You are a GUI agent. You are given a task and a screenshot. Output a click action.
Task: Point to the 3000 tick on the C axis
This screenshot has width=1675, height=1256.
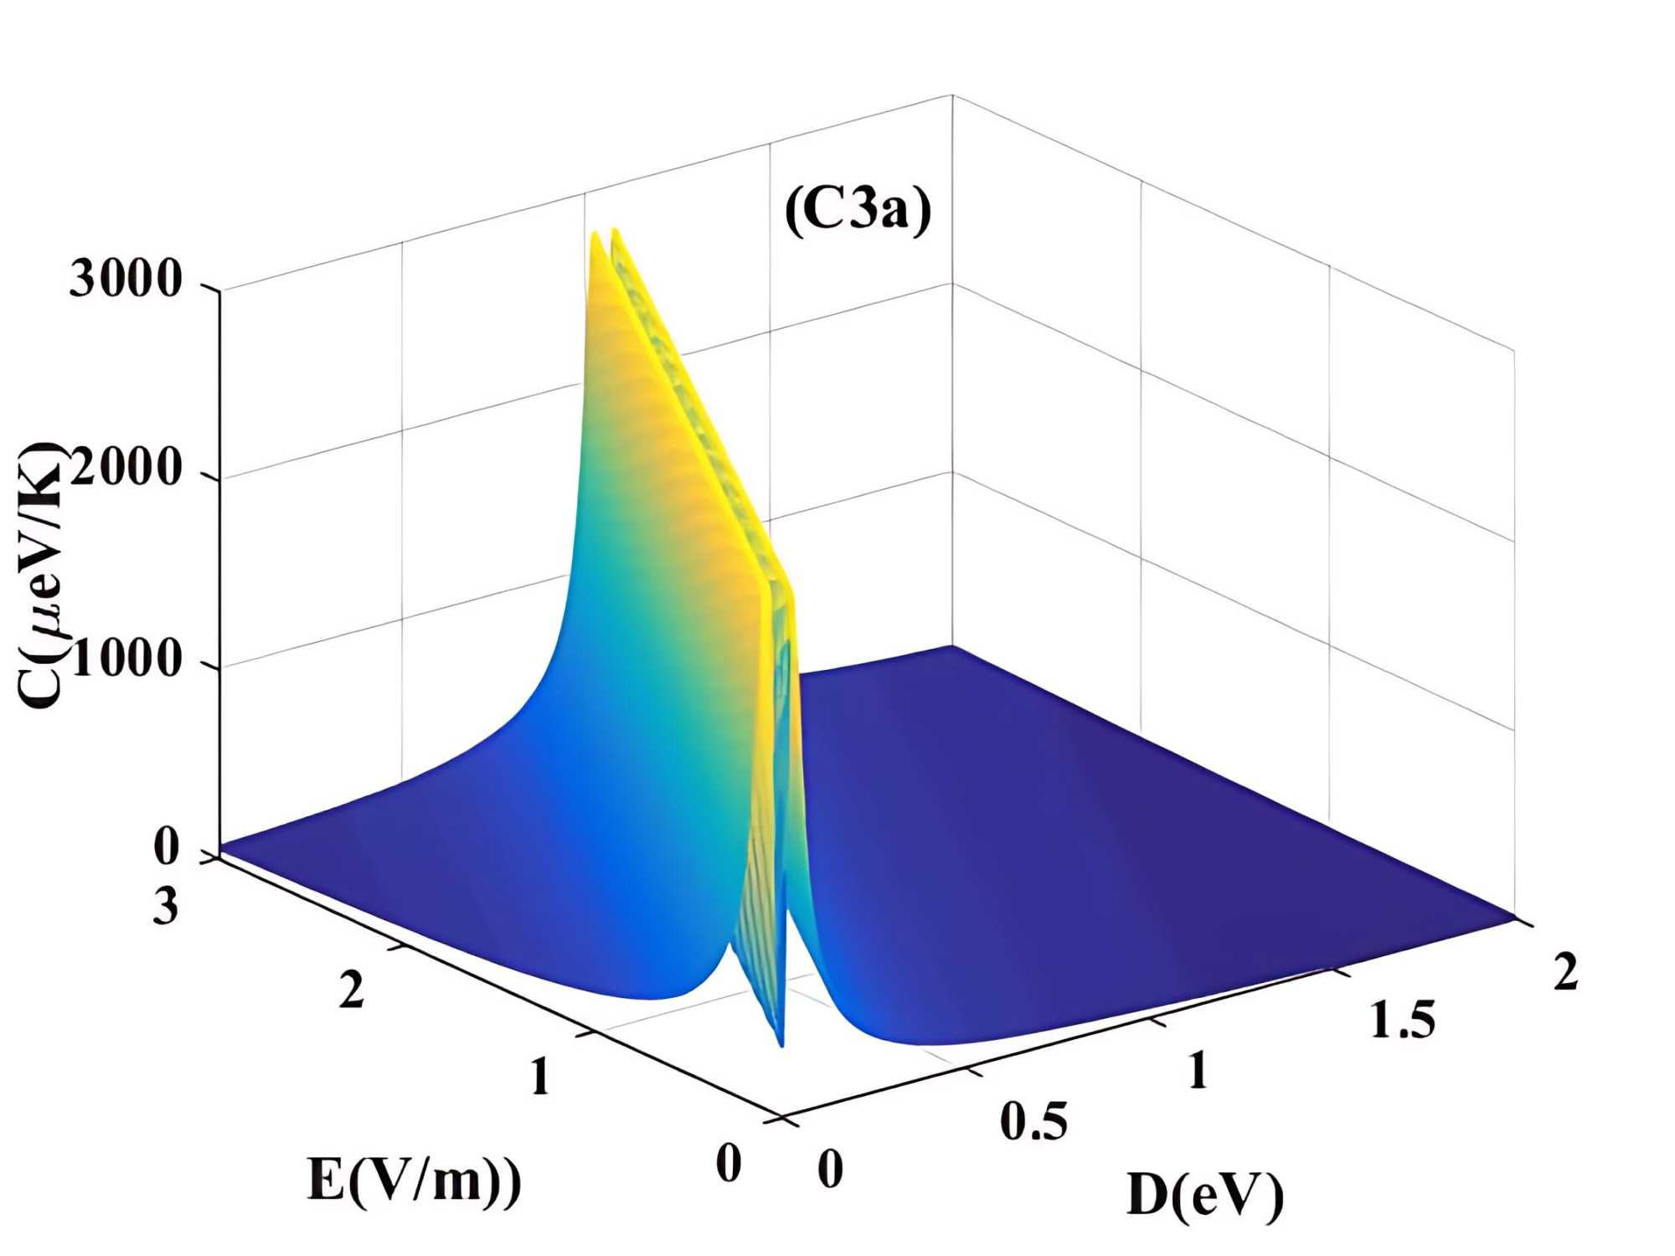click(x=125, y=278)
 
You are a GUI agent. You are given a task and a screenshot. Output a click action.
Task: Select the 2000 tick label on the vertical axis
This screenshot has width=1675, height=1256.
click(x=126, y=466)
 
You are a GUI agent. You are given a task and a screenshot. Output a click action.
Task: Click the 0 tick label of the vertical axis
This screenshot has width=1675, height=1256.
click(x=167, y=847)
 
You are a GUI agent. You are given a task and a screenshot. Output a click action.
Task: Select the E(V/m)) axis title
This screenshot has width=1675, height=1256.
click(x=414, y=1181)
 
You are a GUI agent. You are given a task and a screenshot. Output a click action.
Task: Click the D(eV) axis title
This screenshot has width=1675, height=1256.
click(x=1204, y=1195)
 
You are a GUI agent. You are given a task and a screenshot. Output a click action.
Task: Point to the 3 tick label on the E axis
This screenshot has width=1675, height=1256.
click(x=166, y=906)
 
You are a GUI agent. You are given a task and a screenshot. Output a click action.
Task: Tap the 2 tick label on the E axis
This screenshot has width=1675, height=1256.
click(x=352, y=990)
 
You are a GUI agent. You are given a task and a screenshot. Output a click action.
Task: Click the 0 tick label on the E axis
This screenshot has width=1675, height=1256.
click(x=729, y=1163)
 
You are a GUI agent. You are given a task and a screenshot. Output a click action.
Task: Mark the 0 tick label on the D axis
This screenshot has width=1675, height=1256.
click(x=830, y=1169)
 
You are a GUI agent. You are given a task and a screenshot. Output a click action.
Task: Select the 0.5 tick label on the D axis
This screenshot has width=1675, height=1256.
click(x=1033, y=1121)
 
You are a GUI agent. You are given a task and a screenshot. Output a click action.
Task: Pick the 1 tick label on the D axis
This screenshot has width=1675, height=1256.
click(x=1198, y=1071)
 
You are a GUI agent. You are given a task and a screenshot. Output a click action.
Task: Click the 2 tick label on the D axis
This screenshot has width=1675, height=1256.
click(x=1565, y=972)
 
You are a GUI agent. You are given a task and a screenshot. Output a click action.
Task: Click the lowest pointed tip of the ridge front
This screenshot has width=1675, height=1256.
click(x=782, y=1046)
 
